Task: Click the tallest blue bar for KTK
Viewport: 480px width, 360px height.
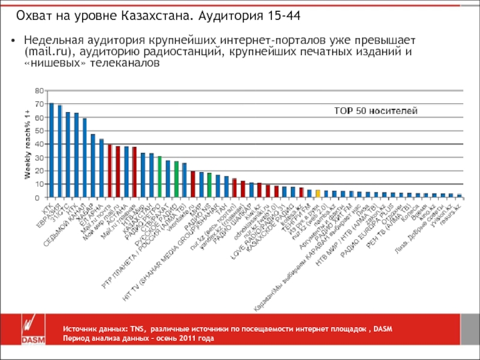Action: pos(52,150)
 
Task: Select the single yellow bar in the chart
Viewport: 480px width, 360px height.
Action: pos(318,193)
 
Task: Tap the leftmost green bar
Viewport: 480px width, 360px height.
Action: pos(160,176)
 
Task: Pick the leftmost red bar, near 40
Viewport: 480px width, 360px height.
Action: pos(110,171)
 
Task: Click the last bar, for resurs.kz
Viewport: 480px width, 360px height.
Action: pos(460,196)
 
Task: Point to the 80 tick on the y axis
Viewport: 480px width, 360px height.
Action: pos(39,91)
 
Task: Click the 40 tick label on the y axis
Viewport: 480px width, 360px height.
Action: pos(39,144)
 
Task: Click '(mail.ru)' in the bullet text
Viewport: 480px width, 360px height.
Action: pos(47,51)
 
